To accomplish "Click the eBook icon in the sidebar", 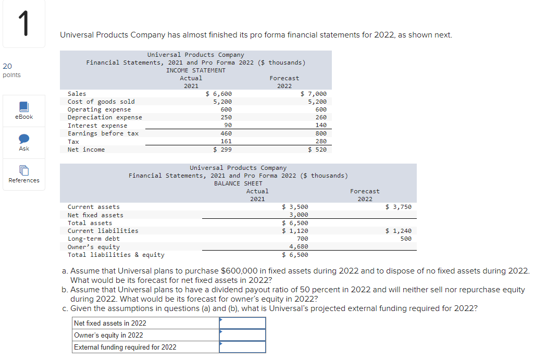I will (x=24, y=107).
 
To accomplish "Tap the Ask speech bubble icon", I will (x=24, y=139).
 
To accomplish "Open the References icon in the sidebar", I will (x=24, y=170).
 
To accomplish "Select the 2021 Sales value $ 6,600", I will (x=219, y=94).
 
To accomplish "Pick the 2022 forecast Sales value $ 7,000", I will (x=314, y=94).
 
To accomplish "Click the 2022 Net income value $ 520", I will (x=317, y=150).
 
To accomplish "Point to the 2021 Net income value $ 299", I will (x=222, y=150).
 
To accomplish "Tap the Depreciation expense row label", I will (x=105, y=117).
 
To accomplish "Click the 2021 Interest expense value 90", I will (x=227, y=126).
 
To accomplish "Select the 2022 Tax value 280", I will (x=321, y=141).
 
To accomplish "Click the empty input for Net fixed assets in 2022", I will (x=242, y=323).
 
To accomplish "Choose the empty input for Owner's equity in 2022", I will (x=242, y=335).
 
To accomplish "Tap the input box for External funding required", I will (x=242, y=347).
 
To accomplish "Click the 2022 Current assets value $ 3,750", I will (x=399, y=207).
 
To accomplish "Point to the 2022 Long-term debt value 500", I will (x=406, y=239).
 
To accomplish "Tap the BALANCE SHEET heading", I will (x=238, y=183).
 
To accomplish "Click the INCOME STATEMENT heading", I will (x=196, y=70).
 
